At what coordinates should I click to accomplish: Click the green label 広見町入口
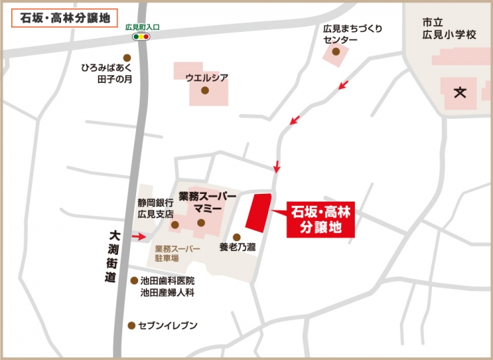(142, 27)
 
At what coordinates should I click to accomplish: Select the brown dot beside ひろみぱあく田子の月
(126, 58)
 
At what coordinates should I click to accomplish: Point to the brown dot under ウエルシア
(205, 90)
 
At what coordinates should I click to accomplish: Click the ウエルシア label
(207, 77)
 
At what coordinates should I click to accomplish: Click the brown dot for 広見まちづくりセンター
(336, 51)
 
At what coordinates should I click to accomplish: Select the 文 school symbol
(460, 92)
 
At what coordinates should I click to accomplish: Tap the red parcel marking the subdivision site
(257, 214)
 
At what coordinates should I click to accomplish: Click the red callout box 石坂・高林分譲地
(321, 220)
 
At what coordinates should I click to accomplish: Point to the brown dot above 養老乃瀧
(236, 236)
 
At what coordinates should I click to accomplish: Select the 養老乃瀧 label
(237, 247)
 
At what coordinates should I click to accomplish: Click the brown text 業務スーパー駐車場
(176, 253)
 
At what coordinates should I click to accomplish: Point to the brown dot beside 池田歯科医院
(134, 281)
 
